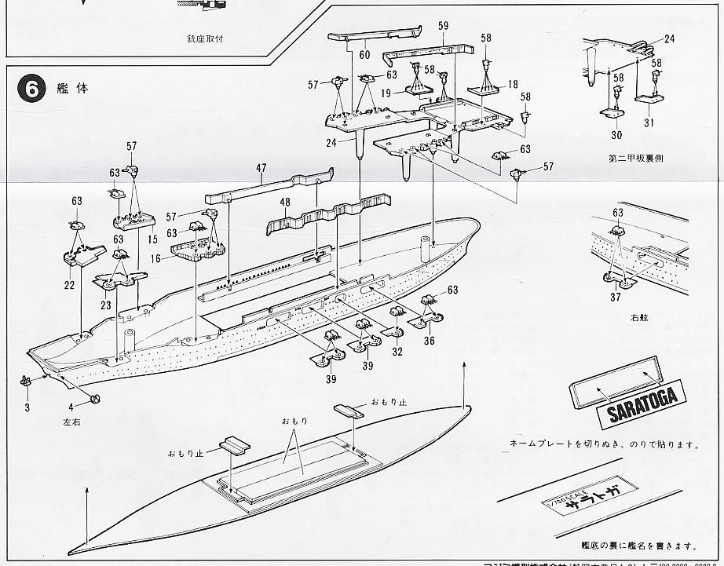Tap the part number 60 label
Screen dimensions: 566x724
(364, 55)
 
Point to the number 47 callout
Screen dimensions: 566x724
(261, 167)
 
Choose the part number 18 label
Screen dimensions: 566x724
(513, 84)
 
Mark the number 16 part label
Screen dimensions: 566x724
(156, 257)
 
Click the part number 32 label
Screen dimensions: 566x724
(397, 352)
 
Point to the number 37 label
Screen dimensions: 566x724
(616, 298)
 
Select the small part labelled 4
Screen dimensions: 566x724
(96, 397)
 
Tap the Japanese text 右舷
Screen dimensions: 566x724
(636, 319)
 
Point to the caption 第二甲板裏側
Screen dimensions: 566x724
(635, 157)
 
